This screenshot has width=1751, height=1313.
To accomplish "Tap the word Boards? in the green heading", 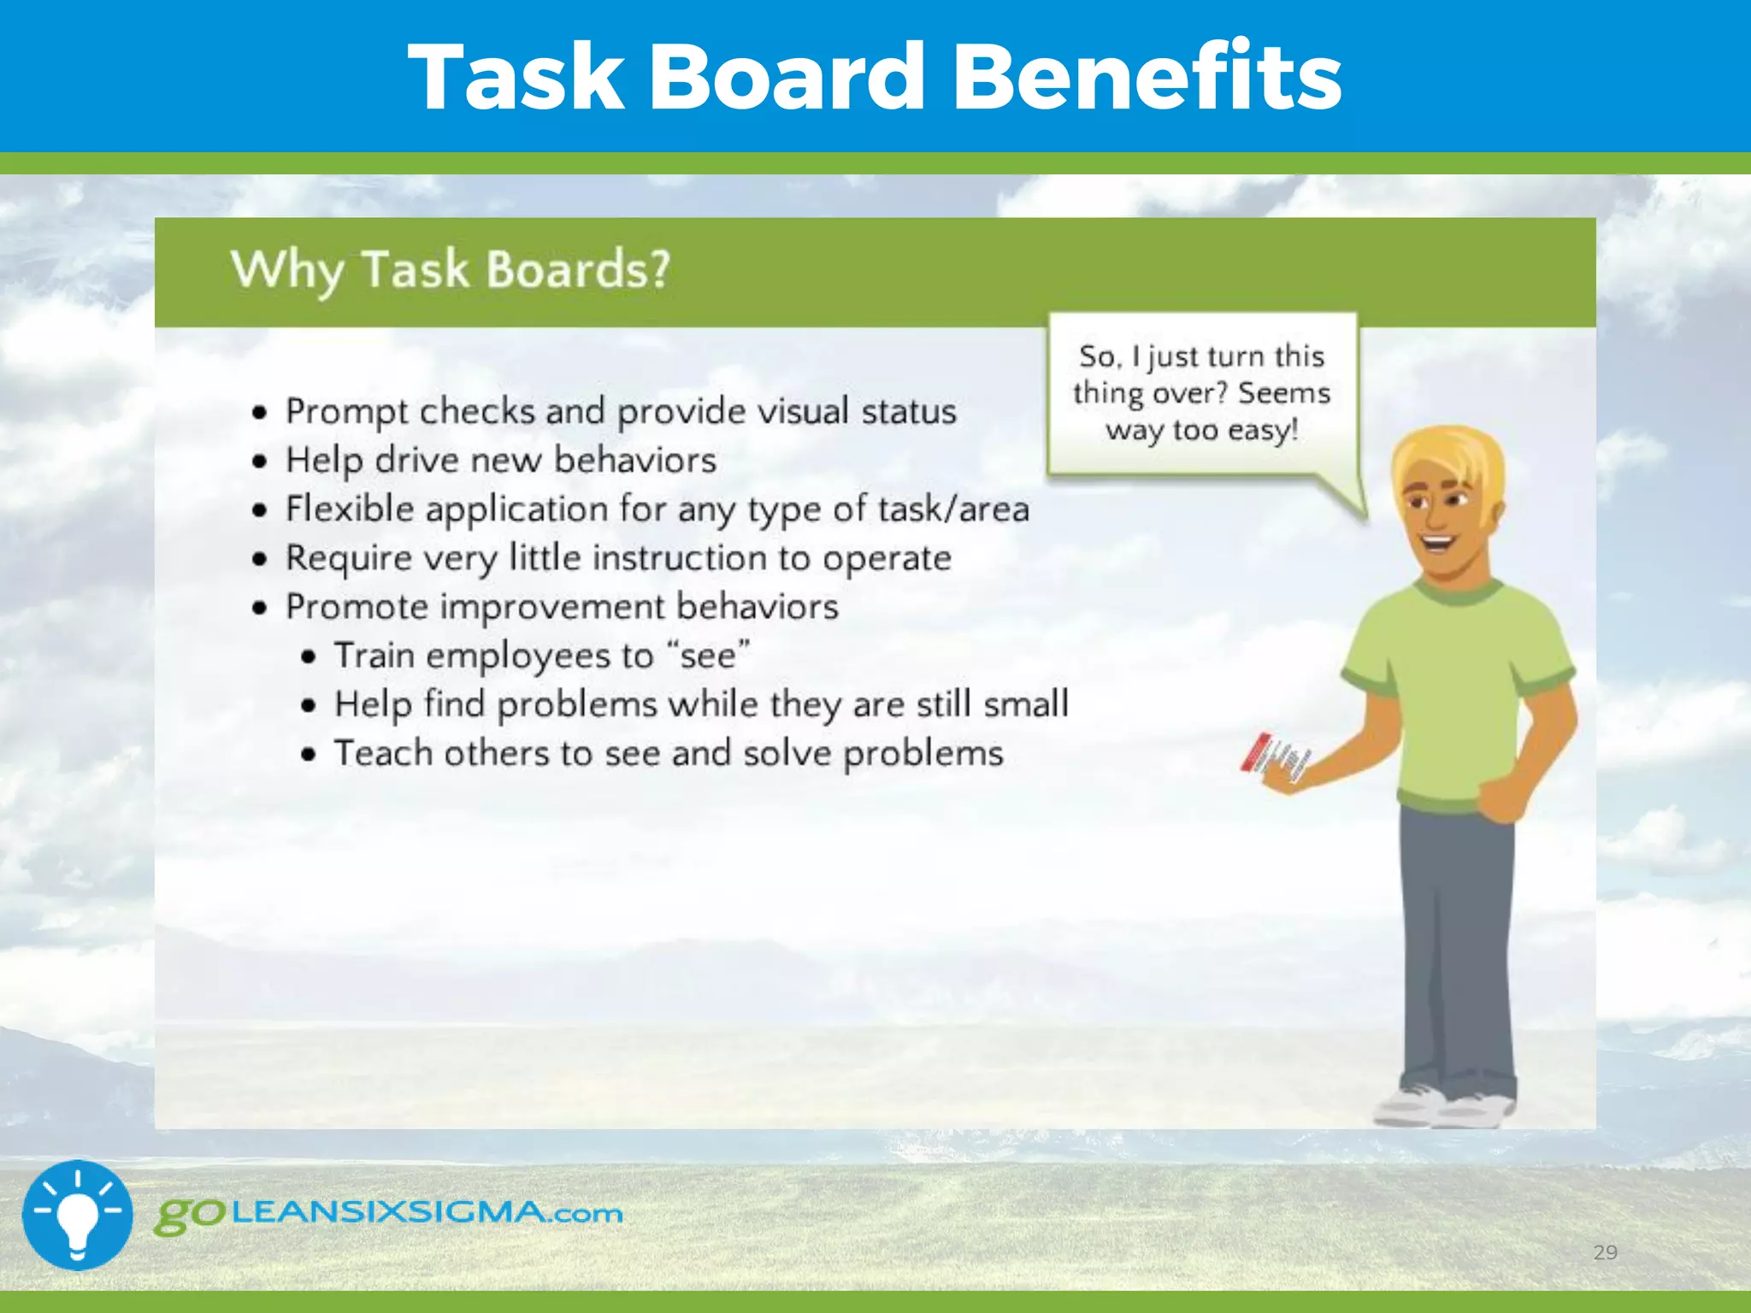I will coord(578,270).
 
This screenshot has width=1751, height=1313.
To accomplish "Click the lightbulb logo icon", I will coord(78,1215).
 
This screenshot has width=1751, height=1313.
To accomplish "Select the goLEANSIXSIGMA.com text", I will coord(389,1214).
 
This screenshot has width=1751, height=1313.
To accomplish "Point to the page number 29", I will coord(1605,1252).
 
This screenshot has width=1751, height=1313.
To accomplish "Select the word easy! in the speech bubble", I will coord(1263,430).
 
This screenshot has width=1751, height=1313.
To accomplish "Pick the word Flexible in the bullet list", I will coord(350,509).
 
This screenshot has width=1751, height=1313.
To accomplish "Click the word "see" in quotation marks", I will coord(708,656).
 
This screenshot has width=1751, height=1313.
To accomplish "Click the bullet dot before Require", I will coord(260,559).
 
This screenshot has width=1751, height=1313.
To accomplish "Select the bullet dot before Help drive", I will coord(260,462).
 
